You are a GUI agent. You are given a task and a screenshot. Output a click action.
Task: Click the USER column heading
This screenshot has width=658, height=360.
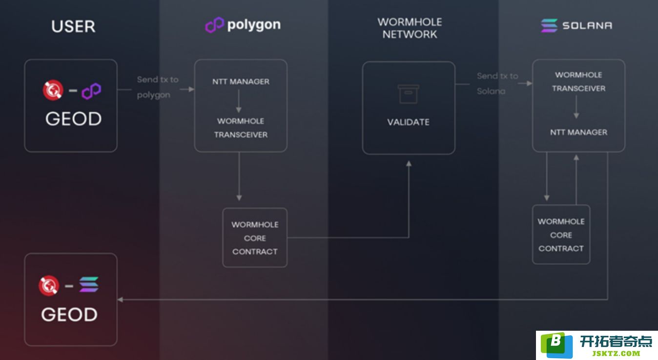pyautogui.click(x=73, y=26)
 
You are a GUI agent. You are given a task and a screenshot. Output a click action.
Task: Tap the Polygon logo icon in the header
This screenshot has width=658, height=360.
pyautogui.click(x=214, y=25)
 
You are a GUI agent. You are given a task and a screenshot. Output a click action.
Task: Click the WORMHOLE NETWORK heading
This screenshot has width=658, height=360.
pyautogui.click(x=410, y=28)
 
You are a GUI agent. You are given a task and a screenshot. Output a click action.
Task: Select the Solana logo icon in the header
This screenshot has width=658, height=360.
pyautogui.click(x=549, y=25)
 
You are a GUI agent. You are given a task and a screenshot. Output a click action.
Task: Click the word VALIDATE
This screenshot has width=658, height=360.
pyautogui.click(x=408, y=122)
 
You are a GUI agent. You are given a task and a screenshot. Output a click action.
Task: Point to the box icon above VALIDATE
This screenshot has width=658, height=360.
pyautogui.click(x=408, y=94)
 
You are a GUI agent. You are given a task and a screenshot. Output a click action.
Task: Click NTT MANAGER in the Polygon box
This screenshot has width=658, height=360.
pyautogui.click(x=241, y=81)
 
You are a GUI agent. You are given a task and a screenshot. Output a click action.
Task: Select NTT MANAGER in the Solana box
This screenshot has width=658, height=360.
pyautogui.click(x=579, y=132)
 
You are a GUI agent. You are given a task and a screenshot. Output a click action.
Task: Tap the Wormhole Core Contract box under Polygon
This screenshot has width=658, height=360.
pyautogui.click(x=255, y=238)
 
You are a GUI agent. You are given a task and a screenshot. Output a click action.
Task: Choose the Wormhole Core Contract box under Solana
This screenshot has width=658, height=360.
pyautogui.click(x=561, y=235)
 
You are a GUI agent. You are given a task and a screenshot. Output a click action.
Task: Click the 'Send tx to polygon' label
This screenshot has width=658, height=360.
pyautogui.click(x=158, y=87)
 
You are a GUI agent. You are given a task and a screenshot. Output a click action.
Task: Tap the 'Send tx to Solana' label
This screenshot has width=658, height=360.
pyautogui.click(x=497, y=84)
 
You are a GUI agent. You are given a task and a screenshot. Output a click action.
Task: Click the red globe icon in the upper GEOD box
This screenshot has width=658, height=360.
pyautogui.click(x=53, y=90)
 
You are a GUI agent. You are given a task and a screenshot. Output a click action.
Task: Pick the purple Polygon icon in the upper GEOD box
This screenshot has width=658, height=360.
pyautogui.click(x=91, y=91)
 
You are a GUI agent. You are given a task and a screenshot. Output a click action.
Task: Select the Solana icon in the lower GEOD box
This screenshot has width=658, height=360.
pyautogui.click(x=89, y=284)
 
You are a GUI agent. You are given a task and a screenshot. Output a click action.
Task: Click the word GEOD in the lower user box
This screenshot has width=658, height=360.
pyautogui.click(x=69, y=315)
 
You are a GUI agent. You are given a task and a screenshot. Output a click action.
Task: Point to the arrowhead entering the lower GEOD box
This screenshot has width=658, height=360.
pyautogui.click(x=120, y=300)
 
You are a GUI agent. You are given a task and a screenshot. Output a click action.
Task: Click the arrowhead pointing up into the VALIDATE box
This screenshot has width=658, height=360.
pyautogui.click(x=409, y=163)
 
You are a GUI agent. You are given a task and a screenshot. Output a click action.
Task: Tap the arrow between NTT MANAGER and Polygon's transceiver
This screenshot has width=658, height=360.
pyautogui.click(x=239, y=101)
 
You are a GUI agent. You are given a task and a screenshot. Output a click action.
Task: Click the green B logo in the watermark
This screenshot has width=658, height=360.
pyautogui.click(x=556, y=345)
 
